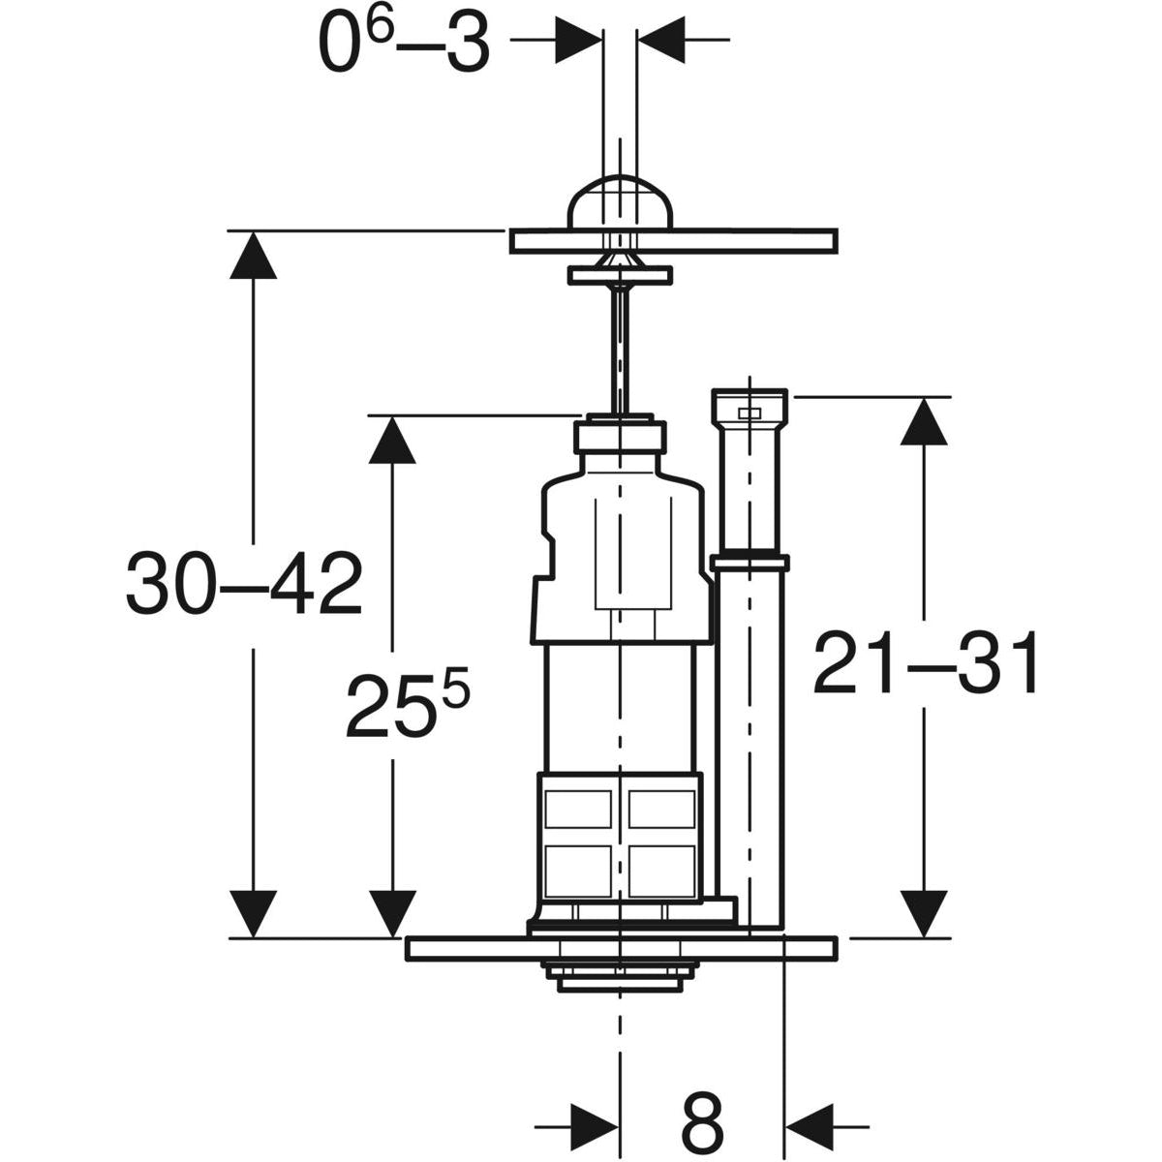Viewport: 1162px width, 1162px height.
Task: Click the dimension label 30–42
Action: click(244, 583)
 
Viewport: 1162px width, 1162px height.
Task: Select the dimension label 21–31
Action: click(926, 664)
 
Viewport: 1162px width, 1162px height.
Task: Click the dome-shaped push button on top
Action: click(620, 202)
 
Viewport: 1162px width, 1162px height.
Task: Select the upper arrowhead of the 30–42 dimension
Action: click(254, 255)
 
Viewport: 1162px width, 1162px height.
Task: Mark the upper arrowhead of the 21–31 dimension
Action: click(923, 421)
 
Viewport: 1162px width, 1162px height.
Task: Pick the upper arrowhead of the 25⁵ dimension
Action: click(392, 440)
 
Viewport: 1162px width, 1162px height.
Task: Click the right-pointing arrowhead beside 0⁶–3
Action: click(578, 40)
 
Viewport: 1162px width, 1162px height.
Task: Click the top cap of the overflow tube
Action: click(749, 408)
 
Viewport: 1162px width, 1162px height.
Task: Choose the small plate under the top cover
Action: click(620, 276)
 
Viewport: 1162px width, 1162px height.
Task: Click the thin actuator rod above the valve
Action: click(620, 349)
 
